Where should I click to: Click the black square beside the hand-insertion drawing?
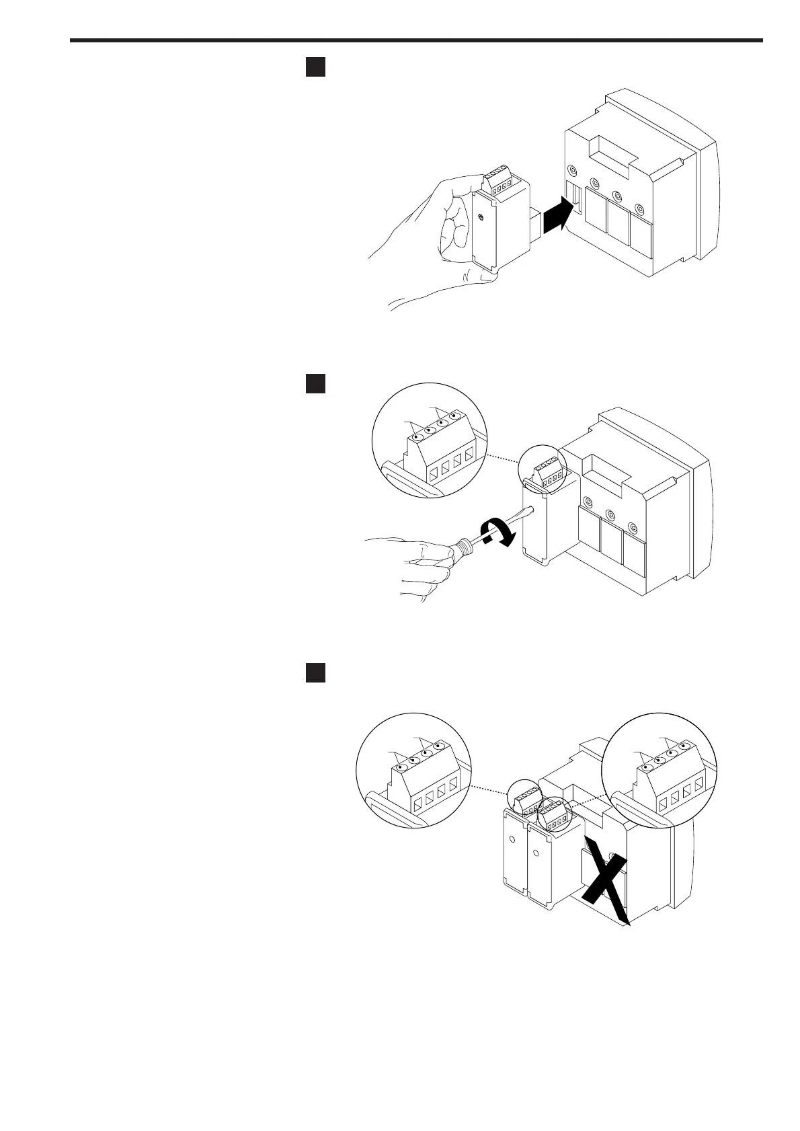316,67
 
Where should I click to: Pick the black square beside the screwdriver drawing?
316,383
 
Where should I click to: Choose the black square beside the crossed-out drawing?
316,672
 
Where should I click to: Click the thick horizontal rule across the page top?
417,40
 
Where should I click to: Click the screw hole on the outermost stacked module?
513,840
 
